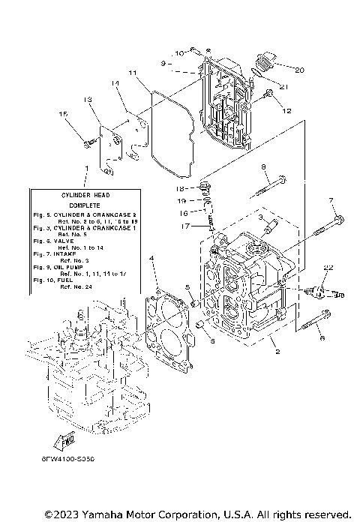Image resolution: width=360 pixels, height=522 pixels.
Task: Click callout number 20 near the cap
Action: pos(299,70)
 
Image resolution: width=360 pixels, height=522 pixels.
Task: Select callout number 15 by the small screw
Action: pos(64,113)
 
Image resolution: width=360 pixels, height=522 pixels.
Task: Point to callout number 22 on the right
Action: pos(328,268)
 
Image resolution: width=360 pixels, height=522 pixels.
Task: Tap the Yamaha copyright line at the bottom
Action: pos(197,514)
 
